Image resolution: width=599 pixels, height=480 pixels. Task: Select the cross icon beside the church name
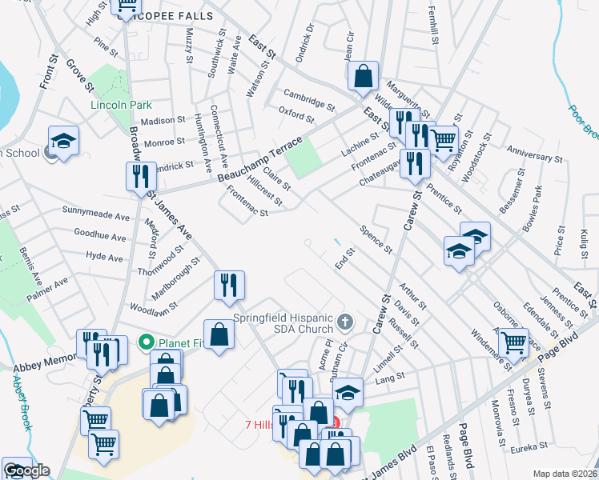(345, 322)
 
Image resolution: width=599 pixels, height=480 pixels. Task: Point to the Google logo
(26, 470)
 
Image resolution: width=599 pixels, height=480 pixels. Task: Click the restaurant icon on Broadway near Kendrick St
(141, 177)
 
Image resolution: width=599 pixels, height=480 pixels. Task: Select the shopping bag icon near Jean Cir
(363, 76)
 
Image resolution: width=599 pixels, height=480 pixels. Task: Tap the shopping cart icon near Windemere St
(514, 342)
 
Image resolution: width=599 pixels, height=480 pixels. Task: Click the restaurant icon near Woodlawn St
(229, 284)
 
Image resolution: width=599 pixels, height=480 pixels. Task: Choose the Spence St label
(376, 239)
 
